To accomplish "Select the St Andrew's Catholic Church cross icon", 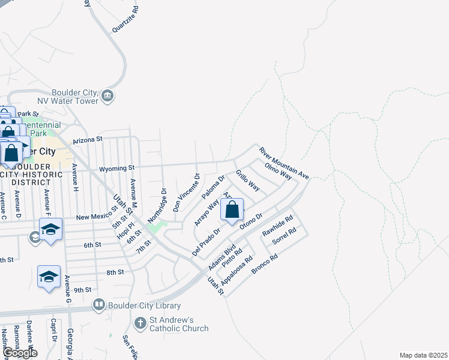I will click(140, 324).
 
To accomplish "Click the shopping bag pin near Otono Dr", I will click(232, 211).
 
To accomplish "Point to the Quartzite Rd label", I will click(125, 20).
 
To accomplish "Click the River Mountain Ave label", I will click(283, 161).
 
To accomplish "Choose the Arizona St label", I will click(88, 139).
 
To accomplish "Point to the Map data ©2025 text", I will click(423, 355).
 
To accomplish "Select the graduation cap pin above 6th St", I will click(51, 229).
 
